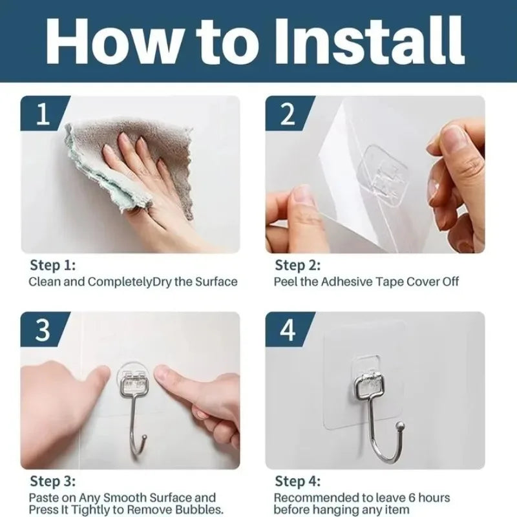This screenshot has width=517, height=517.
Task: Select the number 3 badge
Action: coord(43,330)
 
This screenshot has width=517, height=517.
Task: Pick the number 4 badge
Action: coord(288,330)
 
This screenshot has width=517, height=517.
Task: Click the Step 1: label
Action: coord(52,266)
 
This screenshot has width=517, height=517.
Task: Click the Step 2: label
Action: coord(298,266)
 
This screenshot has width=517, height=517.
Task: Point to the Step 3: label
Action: coord(52,481)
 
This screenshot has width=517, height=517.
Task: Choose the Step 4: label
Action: coord(298,481)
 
